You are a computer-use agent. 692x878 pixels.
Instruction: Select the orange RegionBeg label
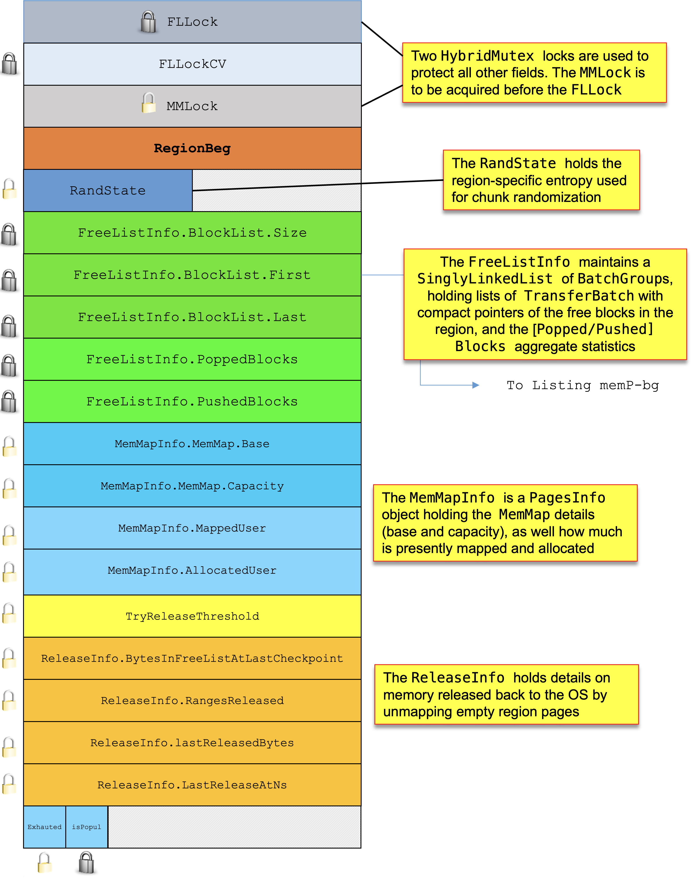pyautogui.click(x=192, y=148)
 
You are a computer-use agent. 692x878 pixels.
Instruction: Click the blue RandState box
pyautogui.click(x=108, y=190)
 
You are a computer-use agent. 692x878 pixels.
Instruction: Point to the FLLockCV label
pyautogui.click(x=192, y=64)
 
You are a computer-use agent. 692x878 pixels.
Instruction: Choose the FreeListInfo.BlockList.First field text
pyautogui.click(x=192, y=275)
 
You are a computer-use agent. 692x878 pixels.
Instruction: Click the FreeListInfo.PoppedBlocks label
pyautogui.click(x=192, y=359)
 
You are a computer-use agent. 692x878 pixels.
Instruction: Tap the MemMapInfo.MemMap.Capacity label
pyautogui.click(x=192, y=486)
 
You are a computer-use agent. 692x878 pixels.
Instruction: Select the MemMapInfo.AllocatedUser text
pyautogui.click(x=192, y=570)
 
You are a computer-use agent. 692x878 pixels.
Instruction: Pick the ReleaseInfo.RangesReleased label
pyautogui.click(x=192, y=701)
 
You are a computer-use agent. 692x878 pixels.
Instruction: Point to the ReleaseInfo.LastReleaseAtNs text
pyautogui.click(x=192, y=785)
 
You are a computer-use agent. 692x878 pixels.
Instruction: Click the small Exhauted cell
pyautogui.click(x=45, y=827)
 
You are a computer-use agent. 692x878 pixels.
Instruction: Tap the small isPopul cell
pyautogui.click(x=87, y=827)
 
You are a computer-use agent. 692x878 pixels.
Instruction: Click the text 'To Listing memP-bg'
pyautogui.click(x=583, y=385)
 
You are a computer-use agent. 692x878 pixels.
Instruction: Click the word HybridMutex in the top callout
pyautogui.click(x=487, y=56)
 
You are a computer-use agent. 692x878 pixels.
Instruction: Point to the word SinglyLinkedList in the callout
pyautogui.click(x=485, y=279)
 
